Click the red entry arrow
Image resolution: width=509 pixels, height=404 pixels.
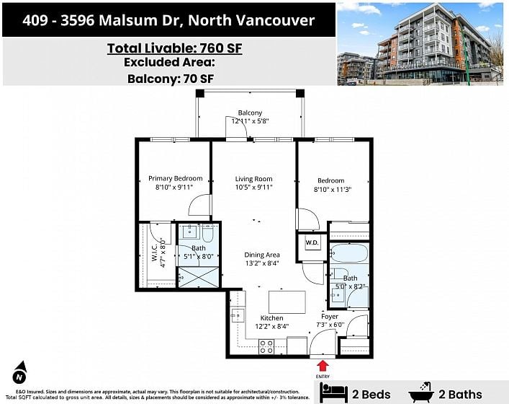(323, 366)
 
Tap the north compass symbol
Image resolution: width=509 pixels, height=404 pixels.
(20, 373)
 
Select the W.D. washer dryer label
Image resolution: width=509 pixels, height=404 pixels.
(312, 242)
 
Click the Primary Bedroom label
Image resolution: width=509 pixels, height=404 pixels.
(175, 178)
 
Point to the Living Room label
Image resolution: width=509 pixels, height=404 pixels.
(254, 179)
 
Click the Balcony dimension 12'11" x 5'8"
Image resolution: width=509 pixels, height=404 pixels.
(250, 121)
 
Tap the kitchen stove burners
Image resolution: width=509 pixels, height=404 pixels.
(266, 347)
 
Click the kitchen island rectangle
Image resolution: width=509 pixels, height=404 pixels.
(287, 302)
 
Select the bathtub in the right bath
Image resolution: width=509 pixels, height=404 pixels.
(349, 253)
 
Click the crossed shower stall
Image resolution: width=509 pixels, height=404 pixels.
(199, 278)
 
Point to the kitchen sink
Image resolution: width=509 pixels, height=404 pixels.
(238, 315)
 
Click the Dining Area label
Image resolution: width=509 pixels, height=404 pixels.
(262, 255)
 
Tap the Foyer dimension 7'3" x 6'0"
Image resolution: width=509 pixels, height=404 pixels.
(330, 325)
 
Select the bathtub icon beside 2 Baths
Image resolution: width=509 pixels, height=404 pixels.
(421, 392)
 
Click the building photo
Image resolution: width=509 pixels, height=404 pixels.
(420, 44)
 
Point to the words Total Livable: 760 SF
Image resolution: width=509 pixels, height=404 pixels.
(175, 48)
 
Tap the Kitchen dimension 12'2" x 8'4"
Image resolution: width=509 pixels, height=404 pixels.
(272, 326)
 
